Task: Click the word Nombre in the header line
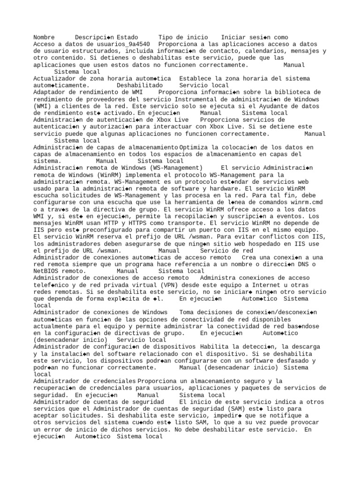click(44, 37)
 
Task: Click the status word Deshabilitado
click(140, 86)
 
